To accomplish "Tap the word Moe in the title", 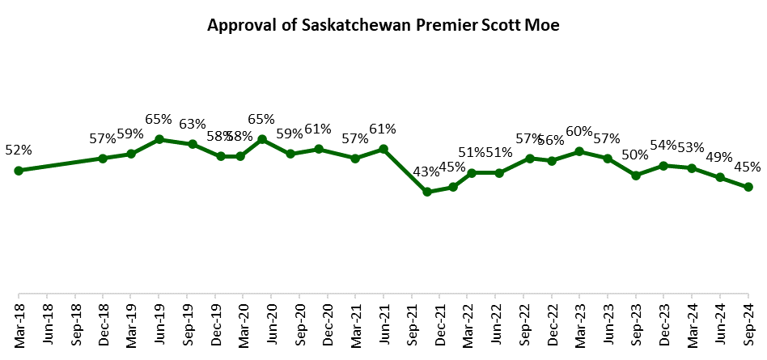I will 543,25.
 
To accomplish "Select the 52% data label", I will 18,150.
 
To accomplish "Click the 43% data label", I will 426,172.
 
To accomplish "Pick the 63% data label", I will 193,124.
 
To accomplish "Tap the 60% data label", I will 579,131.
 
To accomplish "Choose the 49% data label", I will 718,156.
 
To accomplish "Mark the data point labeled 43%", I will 427,192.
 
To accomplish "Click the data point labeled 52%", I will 19,171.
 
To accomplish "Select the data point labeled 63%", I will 193,144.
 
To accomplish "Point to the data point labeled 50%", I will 636,175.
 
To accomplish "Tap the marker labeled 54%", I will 663,166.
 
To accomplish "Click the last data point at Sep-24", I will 748,187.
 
